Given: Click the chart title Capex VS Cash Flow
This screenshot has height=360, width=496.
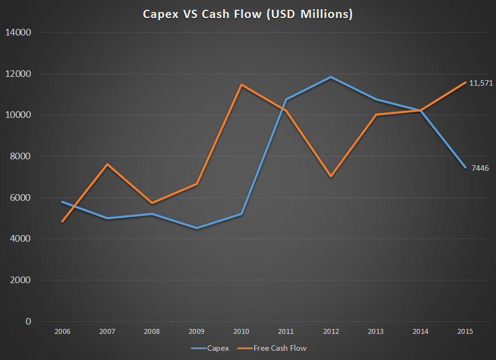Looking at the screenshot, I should pyautogui.click(x=248, y=14).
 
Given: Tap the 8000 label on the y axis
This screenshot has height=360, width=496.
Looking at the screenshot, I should pyautogui.click(x=20, y=157).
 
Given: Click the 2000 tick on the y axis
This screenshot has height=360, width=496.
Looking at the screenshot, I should pyautogui.click(x=20, y=280).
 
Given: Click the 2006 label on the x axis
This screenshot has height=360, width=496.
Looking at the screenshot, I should pyautogui.click(x=62, y=332).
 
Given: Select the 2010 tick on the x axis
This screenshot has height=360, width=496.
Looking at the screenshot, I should pyautogui.click(x=241, y=332).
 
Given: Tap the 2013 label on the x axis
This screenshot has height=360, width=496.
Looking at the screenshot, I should pyautogui.click(x=375, y=332).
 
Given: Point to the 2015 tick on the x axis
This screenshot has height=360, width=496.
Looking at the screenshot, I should pyautogui.click(x=464, y=332).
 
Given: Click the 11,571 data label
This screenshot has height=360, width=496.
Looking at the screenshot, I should pyautogui.click(x=481, y=83).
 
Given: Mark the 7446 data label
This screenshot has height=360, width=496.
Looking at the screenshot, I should pyautogui.click(x=480, y=168).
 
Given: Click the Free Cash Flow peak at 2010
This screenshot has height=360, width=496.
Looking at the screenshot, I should pyautogui.click(x=241, y=85).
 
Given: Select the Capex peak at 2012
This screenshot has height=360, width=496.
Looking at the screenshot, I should pyautogui.click(x=330, y=77).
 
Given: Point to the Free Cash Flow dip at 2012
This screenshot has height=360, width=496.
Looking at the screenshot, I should pyautogui.click(x=330, y=177).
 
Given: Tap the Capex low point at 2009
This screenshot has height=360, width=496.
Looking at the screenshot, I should pyautogui.click(x=196, y=229).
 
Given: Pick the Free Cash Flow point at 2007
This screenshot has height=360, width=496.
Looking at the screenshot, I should pyautogui.click(x=107, y=164).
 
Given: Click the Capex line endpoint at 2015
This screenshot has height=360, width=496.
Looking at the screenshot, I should pyautogui.click(x=464, y=167).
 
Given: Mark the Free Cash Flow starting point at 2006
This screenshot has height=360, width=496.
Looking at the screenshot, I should pyautogui.click(x=62, y=222).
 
